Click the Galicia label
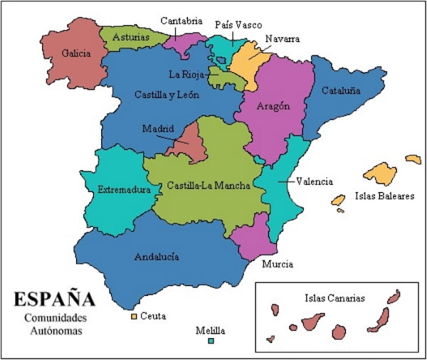(x=75, y=53)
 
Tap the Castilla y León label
(x=166, y=94)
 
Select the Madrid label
(x=157, y=129)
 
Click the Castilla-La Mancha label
(x=209, y=186)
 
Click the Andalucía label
(x=157, y=257)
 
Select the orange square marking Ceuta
(x=133, y=315)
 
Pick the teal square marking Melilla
(x=211, y=342)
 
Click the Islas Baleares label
(x=384, y=196)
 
